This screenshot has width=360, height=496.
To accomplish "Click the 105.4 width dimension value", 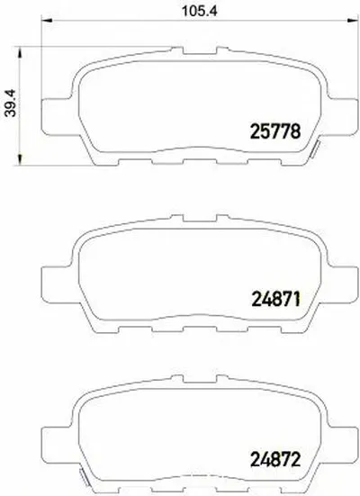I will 187,14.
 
